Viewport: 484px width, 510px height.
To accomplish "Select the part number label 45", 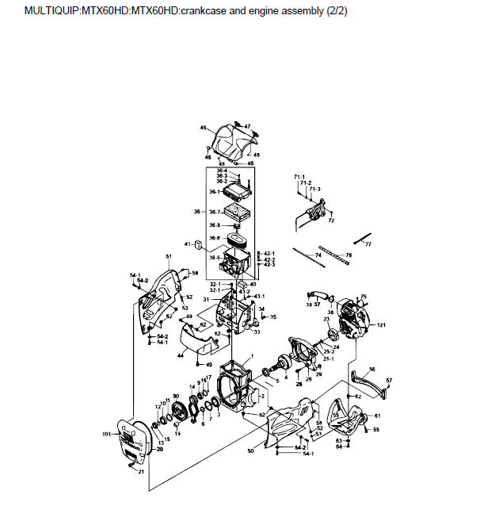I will click(204, 128).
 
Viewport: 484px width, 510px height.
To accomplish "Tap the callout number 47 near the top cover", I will click(247, 127).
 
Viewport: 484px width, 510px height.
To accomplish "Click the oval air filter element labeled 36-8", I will click(237, 238).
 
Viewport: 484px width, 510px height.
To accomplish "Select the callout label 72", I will click(331, 220).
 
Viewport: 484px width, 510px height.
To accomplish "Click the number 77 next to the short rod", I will click(368, 246).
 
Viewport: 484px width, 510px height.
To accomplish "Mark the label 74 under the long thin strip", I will click(318, 255).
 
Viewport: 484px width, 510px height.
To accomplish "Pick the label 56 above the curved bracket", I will click(372, 369).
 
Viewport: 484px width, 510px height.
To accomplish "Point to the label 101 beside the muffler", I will click(105, 434).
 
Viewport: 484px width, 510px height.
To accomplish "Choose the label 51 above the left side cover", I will click(169, 257).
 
